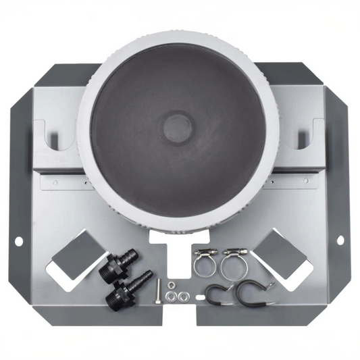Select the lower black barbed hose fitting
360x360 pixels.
pos(127,288)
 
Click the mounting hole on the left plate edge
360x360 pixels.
pos(18,239)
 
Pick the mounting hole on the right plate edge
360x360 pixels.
pos(341,239)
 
